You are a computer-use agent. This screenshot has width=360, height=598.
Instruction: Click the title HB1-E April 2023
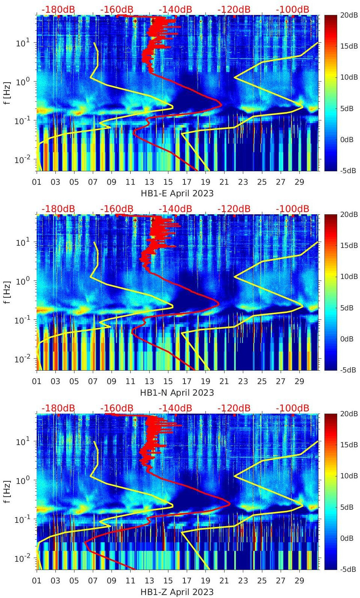pyautogui.click(x=177, y=193)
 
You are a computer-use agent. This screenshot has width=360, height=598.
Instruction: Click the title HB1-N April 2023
pyautogui.click(x=177, y=393)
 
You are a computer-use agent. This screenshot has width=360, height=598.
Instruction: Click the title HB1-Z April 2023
pyautogui.click(x=177, y=592)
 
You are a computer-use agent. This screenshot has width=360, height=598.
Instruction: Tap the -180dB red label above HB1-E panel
pyautogui.click(x=58, y=9)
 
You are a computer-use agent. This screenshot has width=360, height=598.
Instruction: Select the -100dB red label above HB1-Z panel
pyautogui.click(x=292, y=408)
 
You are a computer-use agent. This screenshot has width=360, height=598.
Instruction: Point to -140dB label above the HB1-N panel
pyautogui.click(x=175, y=209)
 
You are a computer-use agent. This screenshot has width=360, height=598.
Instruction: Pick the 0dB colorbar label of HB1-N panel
pyautogui.click(x=347, y=339)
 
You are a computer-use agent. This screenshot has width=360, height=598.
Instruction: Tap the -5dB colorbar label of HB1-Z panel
pyautogui.click(x=348, y=569)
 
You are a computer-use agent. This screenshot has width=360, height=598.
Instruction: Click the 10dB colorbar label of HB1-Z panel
pyautogui.click(x=349, y=476)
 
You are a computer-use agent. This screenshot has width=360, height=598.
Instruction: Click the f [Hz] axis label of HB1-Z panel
pyautogui.click(x=7, y=491)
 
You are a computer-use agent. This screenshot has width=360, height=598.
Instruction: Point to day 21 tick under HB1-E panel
pyautogui.click(x=224, y=182)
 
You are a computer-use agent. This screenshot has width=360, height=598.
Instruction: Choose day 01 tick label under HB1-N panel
pyautogui.click(x=37, y=381)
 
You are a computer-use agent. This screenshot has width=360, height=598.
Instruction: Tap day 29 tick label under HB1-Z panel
pyautogui.click(x=299, y=580)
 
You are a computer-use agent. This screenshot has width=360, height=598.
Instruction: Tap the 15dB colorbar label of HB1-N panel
pyautogui.click(x=349, y=245)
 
